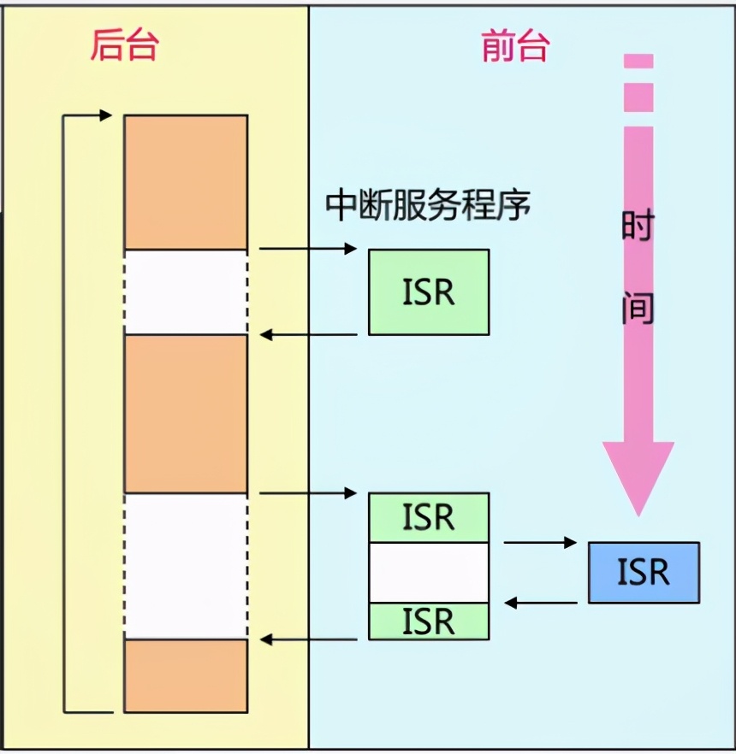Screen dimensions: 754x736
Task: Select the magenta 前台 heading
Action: point(515,46)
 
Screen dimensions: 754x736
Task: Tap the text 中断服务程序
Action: point(428,205)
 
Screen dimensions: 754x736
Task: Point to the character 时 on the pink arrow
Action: point(638,228)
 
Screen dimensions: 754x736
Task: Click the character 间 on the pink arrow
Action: point(638,308)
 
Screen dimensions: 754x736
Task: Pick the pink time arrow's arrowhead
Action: point(638,474)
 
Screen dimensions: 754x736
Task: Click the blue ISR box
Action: point(644,572)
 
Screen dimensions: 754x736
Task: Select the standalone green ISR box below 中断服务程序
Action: point(429,292)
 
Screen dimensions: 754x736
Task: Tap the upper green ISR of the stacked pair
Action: point(429,517)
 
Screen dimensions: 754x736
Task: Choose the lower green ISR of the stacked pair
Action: point(429,621)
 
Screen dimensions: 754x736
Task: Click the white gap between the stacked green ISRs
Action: point(429,572)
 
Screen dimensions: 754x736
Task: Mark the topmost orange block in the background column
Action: point(186,182)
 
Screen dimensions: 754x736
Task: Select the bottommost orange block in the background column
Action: point(186,675)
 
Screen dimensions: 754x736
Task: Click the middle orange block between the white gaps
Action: point(186,414)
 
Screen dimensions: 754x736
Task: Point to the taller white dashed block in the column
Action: point(186,565)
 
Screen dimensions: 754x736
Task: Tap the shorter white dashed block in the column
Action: point(186,292)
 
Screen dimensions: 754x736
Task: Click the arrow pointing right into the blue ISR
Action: point(540,542)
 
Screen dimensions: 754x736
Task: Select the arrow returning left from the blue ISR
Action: point(540,603)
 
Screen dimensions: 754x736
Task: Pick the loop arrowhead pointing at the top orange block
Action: point(105,115)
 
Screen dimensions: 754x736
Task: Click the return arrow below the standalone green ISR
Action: point(308,334)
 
